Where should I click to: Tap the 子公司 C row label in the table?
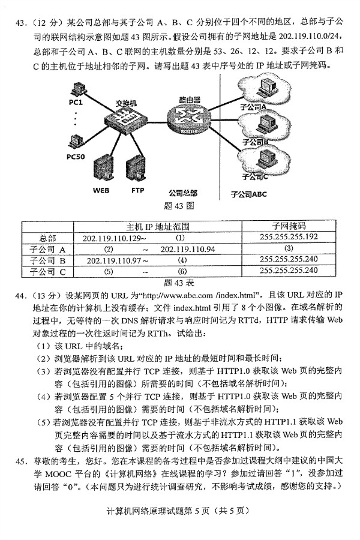(x=47, y=271)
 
